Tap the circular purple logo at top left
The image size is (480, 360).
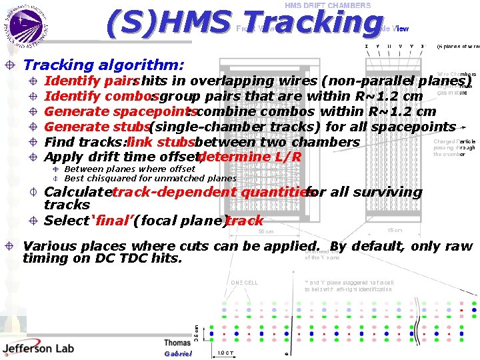pyautogui.click(x=26, y=26)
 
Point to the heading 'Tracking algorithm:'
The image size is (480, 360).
pyautogui.click(x=103, y=65)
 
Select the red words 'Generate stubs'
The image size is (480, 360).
pyautogui.click(x=96, y=127)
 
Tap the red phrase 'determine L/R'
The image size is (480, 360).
pyautogui.click(x=250, y=157)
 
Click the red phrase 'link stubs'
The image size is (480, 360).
pyautogui.click(x=160, y=142)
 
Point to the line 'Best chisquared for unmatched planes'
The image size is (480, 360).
pyautogui.click(x=150, y=179)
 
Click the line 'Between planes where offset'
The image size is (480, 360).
pyautogui.click(x=129, y=169)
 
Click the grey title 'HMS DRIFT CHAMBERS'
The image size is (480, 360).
pyautogui.click(x=328, y=5)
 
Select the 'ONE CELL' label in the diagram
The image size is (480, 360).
pyautogui.click(x=245, y=282)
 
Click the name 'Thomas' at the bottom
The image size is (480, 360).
pyautogui.click(x=177, y=343)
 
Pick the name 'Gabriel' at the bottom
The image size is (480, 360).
pyautogui.click(x=177, y=353)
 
